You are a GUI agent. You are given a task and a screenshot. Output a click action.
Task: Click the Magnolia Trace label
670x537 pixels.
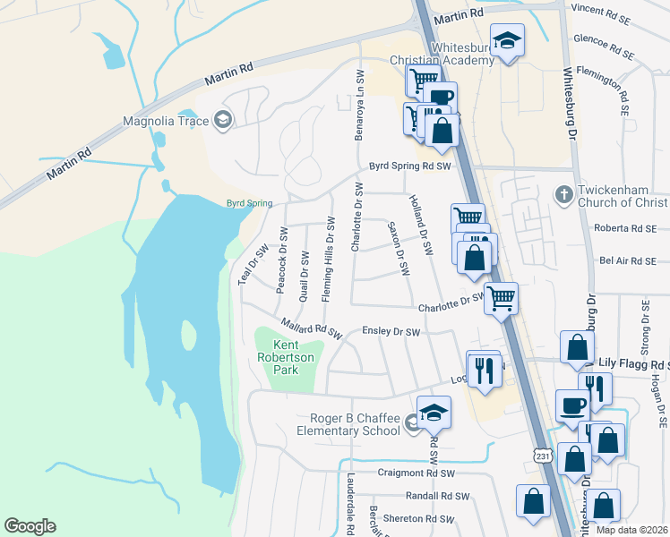[166, 121]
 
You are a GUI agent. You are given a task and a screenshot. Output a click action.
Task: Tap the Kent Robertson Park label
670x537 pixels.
[285, 357]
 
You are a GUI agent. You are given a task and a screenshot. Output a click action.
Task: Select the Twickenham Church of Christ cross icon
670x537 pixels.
[563, 194]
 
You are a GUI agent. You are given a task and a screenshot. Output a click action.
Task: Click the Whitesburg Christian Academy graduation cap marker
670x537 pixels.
[507, 41]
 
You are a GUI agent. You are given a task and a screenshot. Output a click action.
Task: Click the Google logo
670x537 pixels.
[30, 526]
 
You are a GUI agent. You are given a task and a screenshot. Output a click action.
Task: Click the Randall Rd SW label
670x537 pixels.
[437, 496]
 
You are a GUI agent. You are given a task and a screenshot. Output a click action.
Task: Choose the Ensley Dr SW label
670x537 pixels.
[391, 332]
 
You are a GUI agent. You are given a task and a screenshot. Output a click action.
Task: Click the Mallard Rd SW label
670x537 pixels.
[311, 328]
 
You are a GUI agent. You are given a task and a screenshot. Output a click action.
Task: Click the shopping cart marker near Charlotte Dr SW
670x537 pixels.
[501, 298]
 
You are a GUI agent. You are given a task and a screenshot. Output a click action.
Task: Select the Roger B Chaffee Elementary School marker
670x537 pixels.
[434, 413]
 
